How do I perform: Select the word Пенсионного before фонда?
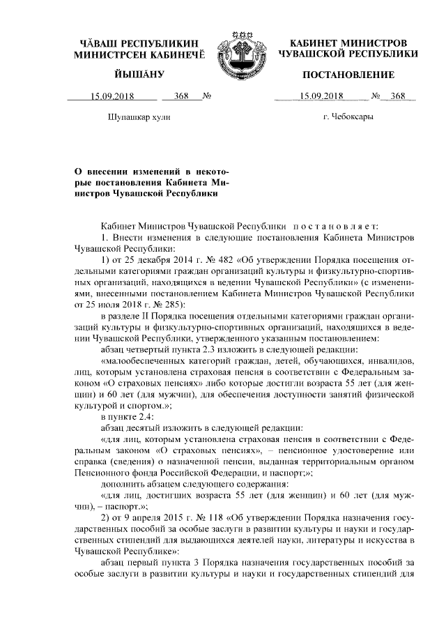103,471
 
